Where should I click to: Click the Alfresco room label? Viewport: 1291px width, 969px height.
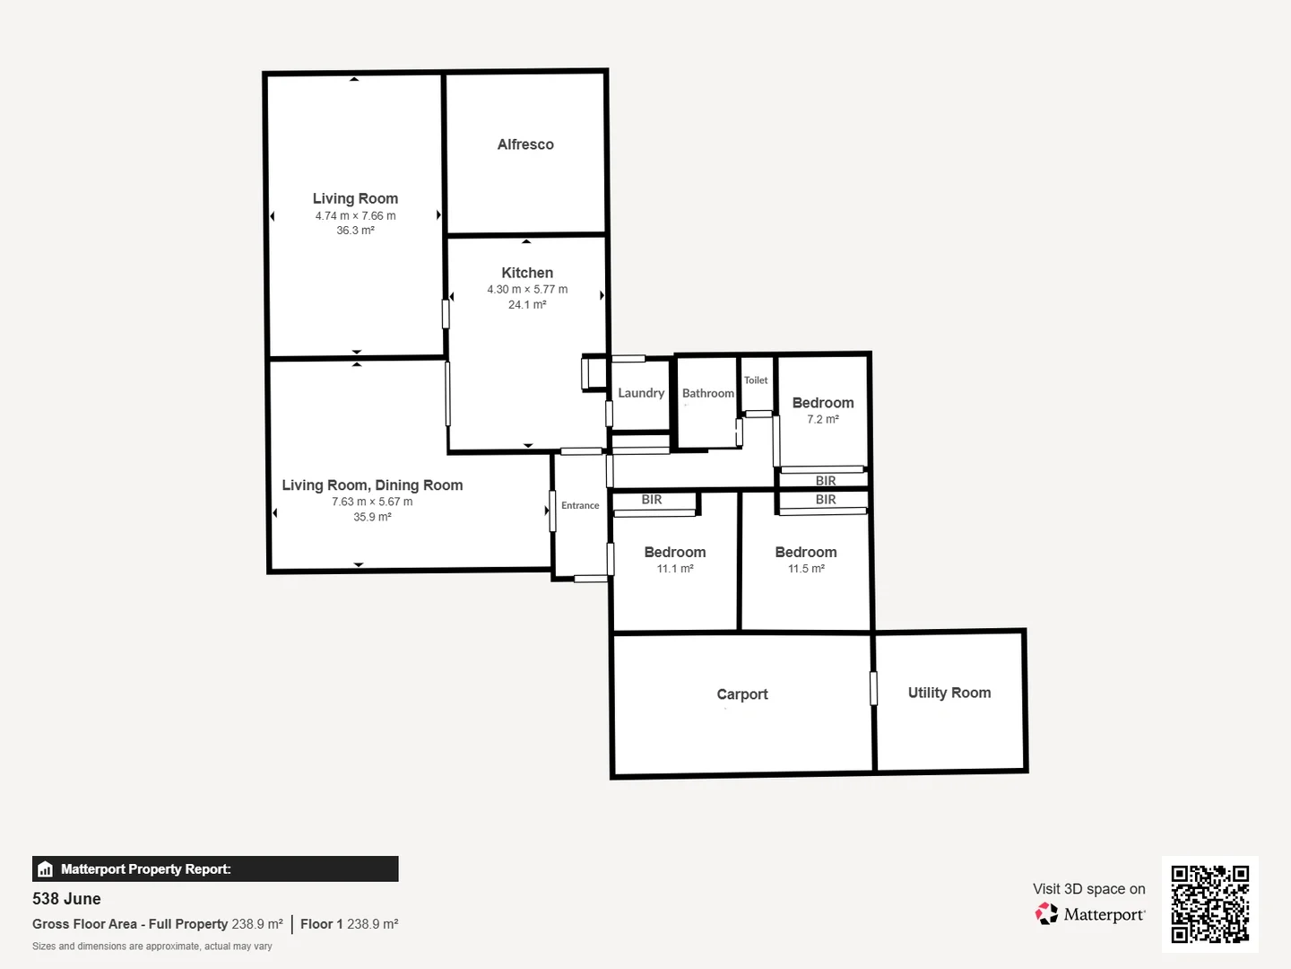point(525,144)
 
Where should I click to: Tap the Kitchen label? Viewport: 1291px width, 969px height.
point(527,273)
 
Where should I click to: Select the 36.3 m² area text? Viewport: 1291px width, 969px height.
point(355,231)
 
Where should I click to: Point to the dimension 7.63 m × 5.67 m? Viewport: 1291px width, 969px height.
point(372,502)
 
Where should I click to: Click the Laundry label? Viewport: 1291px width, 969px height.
point(641,393)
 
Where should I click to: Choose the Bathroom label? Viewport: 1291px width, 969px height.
point(707,393)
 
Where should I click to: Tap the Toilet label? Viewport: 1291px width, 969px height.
point(756,380)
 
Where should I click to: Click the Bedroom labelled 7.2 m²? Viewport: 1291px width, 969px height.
point(823,403)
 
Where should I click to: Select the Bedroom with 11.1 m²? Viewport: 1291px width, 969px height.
point(675,553)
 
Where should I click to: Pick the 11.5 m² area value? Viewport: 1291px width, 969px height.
point(806,569)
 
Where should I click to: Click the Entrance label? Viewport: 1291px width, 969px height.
point(580,506)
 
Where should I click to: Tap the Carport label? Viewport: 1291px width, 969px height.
point(742,694)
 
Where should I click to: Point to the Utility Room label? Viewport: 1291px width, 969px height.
point(949,693)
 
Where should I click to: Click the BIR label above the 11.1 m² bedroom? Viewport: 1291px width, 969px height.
point(652,500)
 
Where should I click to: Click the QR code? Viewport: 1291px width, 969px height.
point(1210,904)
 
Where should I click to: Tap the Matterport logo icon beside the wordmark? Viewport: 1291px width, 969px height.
point(1046,914)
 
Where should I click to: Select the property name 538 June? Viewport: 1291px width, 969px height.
point(66,899)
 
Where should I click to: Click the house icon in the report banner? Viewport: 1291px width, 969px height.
point(46,869)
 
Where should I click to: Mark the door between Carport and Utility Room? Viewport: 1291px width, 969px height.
point(873,688)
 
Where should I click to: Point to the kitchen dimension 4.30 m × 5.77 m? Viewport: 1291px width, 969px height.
point(527,290)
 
